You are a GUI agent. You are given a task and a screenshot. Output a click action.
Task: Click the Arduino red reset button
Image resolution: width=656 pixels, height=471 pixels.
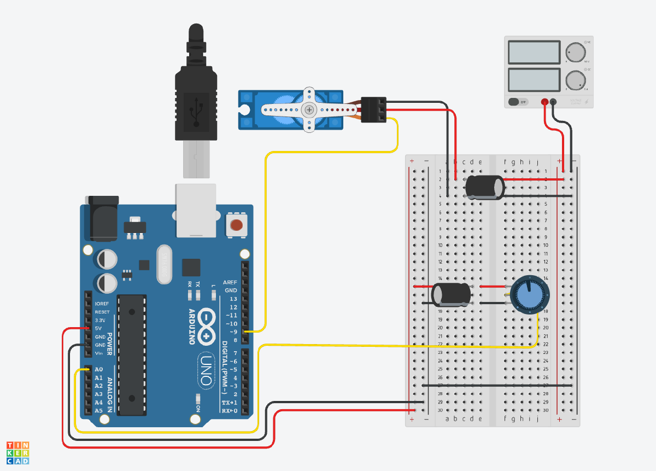click(x=236, y=225)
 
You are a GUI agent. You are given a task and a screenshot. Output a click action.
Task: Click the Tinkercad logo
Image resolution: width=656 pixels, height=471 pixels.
click(x=18, y=452)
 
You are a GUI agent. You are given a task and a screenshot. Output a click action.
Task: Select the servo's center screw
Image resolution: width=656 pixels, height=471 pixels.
click(x=310, y=109)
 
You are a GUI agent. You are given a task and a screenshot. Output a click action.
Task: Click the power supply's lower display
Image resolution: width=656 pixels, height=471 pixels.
click(x=534, y=79)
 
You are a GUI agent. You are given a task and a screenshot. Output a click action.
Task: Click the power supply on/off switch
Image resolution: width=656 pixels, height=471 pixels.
click(x=518, y=102)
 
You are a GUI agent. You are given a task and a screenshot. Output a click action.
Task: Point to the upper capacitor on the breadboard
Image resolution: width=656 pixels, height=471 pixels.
click(x=484, y=187)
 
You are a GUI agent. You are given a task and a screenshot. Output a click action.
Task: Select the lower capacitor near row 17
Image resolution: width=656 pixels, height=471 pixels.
click(x=452, y=294)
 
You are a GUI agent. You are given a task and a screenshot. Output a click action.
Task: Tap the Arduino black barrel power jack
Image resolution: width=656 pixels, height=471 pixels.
click(x=102, y=218)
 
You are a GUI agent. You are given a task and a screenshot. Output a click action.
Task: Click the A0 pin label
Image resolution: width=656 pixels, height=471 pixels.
click(x=98, y=370)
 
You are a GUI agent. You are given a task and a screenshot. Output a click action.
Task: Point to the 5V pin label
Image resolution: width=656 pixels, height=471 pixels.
click(x=98, y=328)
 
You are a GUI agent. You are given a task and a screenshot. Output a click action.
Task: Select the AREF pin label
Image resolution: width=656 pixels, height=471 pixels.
click(x=230, y=282)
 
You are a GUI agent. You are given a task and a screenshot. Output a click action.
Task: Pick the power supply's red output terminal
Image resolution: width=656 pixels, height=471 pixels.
click(x=544, y=102)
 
